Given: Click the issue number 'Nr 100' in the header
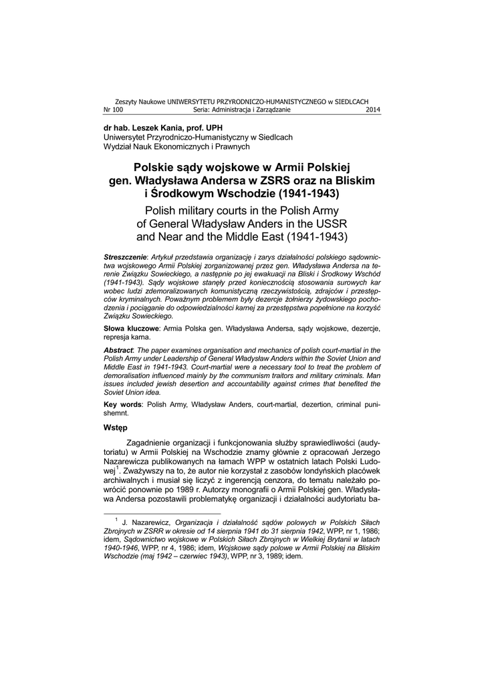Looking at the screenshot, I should pyautogui.click(x=113, y=109).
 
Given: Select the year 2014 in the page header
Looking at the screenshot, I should pyautogui.click(x=373, y=109).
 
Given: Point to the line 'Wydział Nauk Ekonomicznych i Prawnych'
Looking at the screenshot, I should pyautogui.click(x=176, y=146).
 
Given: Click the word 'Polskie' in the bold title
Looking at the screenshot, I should pyautogui.click(x=159, y=167).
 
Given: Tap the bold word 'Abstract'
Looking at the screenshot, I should pyautogui.click(x=118, y=350).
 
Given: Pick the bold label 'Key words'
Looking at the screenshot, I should pyautogui.click(x=122, y=405).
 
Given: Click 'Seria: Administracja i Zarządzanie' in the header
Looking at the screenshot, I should pyautogui.click(x=242, y=109).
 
